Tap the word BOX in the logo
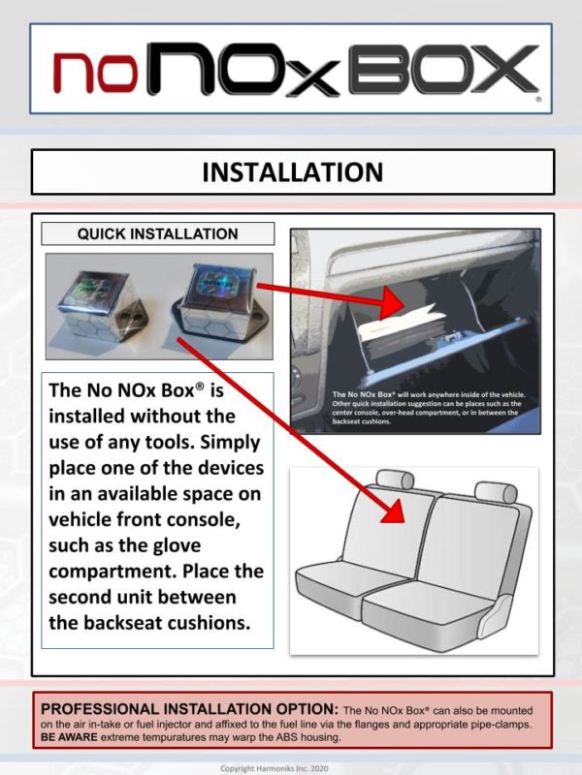[444, 69]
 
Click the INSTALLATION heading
[293, 172]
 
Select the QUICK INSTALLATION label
[157, 233]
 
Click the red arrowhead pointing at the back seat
[394, 510]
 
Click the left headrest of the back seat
[395, 480]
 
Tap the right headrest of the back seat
[496, 492]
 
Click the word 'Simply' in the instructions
[230, 442]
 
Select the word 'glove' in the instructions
[177, 545]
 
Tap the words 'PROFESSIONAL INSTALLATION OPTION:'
[189, 709]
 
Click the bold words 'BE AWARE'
[69, 737]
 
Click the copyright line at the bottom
[275, 768]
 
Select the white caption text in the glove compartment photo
[429, 408]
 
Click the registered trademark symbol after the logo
[538, 99]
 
